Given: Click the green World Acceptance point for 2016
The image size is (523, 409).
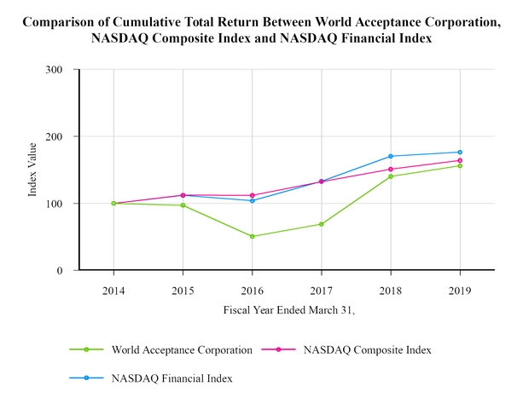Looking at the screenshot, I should click(253, 236).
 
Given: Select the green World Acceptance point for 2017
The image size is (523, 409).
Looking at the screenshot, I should click(322, 224).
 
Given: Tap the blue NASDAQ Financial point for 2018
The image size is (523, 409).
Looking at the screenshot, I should click(391, 156).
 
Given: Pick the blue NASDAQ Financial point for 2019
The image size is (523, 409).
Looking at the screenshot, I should click(460, 153).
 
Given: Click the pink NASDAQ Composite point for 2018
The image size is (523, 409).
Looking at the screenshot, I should click(391, 170).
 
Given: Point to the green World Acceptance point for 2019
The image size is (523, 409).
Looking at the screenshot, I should click(460, 165).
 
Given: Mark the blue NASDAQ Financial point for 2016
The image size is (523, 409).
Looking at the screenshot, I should click(253, 200).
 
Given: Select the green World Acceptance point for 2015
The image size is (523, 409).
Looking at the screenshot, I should click(183, 205).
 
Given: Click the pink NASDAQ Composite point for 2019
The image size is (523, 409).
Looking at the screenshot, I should click(460, 160).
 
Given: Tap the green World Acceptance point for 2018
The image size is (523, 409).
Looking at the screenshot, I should click(391, 176).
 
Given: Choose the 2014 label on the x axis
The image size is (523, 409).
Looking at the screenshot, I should click(113, 289).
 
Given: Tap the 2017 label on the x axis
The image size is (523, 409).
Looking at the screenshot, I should click(322, 289).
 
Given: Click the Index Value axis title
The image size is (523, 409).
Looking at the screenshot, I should click(32, 170).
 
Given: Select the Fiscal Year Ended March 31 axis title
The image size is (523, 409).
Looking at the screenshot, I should click(288, 311).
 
